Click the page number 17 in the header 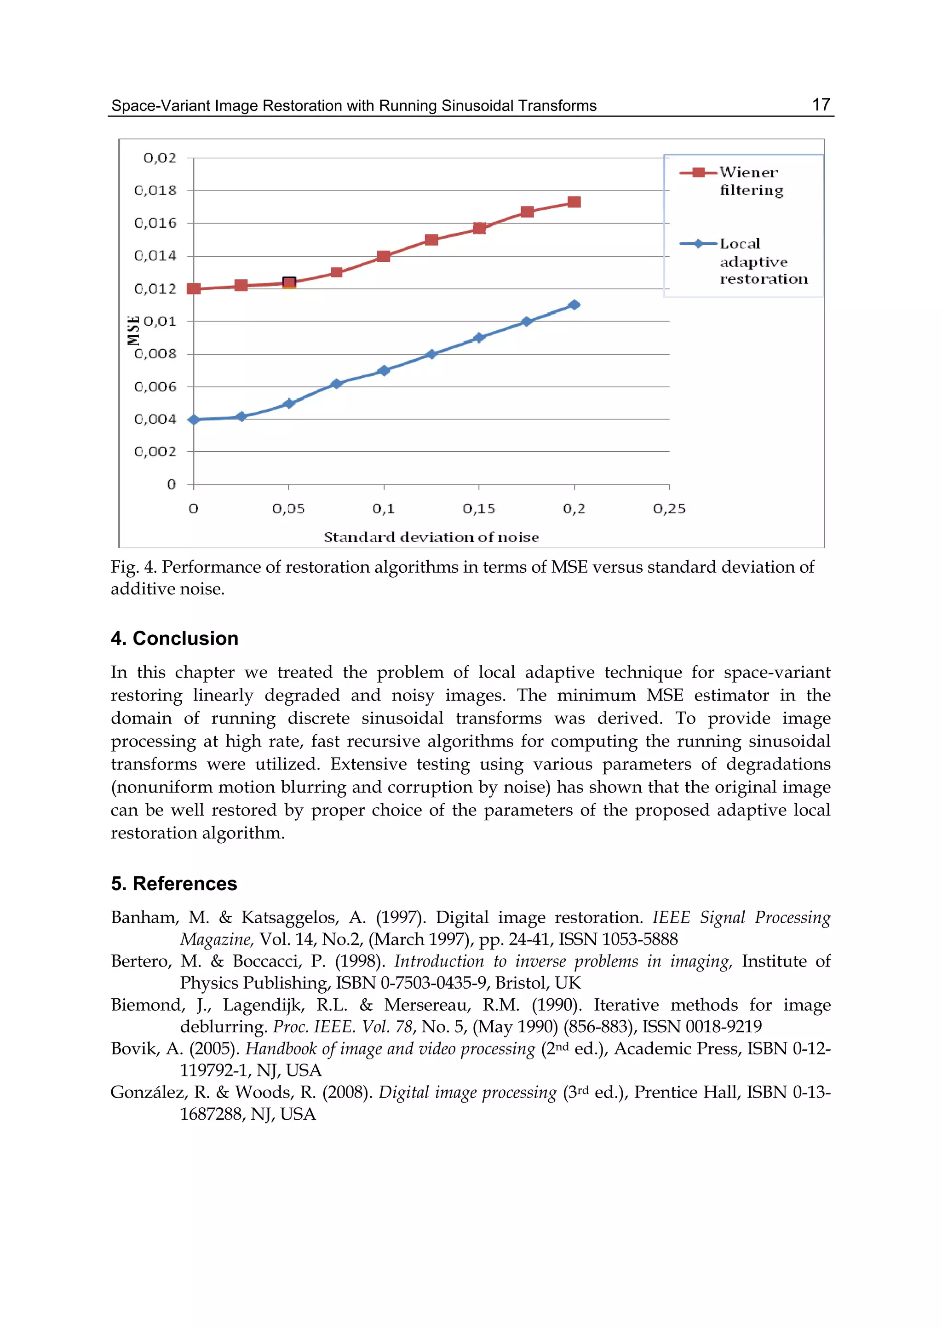click(x=821, y=104)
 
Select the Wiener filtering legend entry click(x=751, y=181)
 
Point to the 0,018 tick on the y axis click(x=155, y=190)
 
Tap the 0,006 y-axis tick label click(x=155, y=386)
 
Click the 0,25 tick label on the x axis click(x=669, y=509)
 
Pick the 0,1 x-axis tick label click(x=384, y=509)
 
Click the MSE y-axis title click(x=133, y=330)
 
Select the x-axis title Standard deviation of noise click(x=431, y=537)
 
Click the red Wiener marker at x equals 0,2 click(x=574, y=202)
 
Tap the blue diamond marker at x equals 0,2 click(x=574, y=305)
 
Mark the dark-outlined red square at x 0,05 click(x=289, y=282)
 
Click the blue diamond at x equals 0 click(x=194, y=420)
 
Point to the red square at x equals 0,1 click(x=384, y=256)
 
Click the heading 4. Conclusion click(x=175, y=638)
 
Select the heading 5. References click(x=174, y=884)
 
